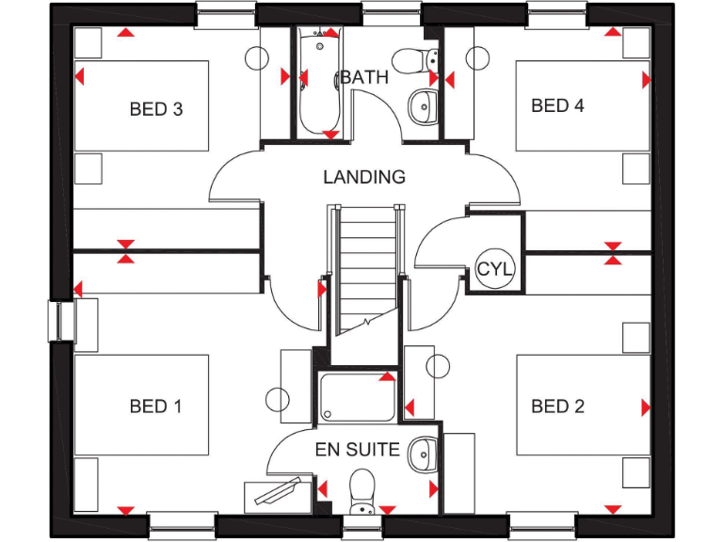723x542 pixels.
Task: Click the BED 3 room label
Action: point(155,109)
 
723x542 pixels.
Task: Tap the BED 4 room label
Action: point(557,105)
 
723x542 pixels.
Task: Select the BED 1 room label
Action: point(155,406)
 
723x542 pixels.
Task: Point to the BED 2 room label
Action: point(557,406)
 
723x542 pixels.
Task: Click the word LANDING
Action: point(364,177)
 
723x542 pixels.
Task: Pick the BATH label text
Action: point(363,77)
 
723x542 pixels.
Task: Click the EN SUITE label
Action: point(357,450)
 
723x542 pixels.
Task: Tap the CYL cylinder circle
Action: point(495,268)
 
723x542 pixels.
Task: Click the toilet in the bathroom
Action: point(411,59)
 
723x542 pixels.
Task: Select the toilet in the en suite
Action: point(361,489)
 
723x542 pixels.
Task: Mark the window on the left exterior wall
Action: point(59,320)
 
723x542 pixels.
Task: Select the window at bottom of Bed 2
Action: point(542,523)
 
